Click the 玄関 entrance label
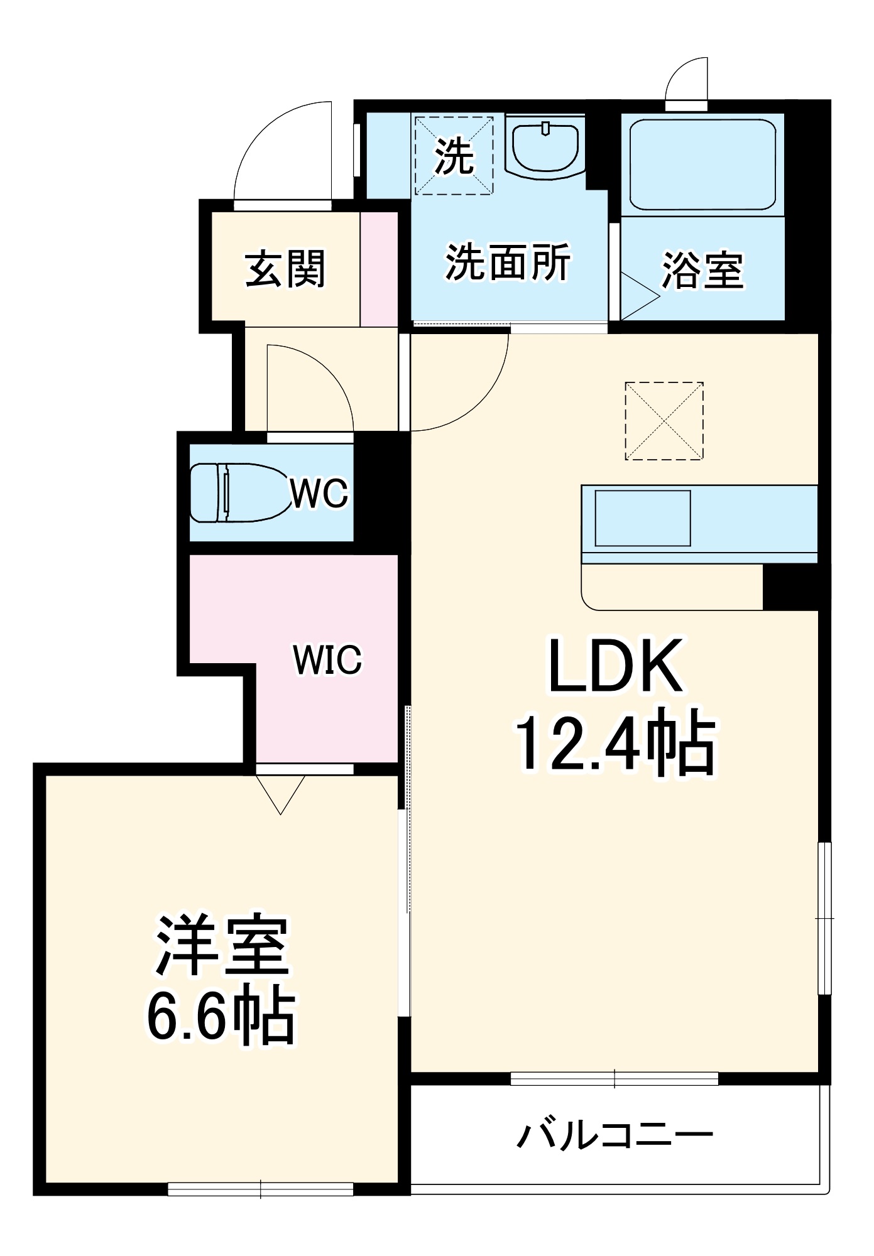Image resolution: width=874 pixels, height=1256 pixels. [285, 269]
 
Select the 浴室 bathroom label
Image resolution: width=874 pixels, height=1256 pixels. [702, 271]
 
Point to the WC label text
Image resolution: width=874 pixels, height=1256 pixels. [319, 493]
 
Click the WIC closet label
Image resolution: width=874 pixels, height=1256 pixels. [327, 659]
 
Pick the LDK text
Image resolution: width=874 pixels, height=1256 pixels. [616, 666]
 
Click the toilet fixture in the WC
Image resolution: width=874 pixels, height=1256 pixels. [236, 493]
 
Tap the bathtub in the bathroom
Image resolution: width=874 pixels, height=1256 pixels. [702, 164]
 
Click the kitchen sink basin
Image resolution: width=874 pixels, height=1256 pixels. [642, 518]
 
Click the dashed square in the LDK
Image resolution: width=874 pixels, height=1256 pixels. [664, 421]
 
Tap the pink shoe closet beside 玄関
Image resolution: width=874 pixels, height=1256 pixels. [379, 269]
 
